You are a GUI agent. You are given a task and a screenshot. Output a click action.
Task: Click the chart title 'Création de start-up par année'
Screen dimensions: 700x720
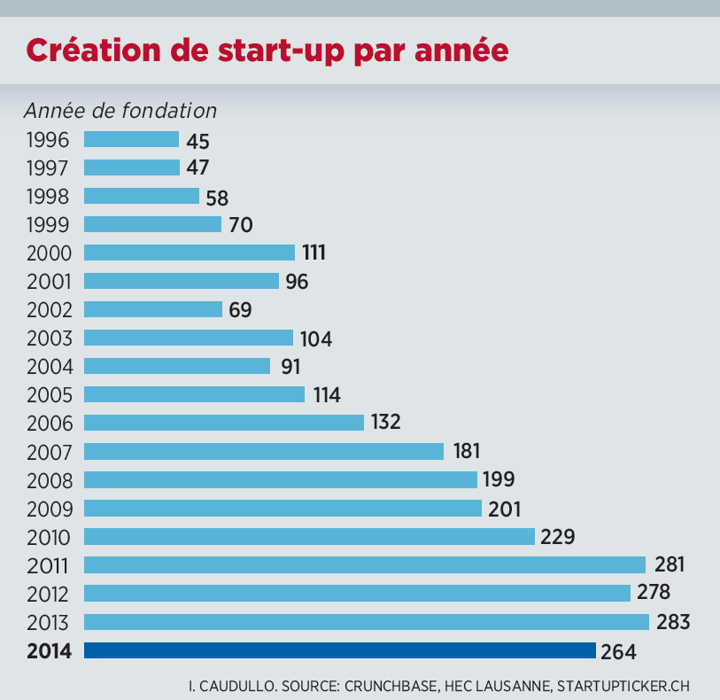tap(267, 50)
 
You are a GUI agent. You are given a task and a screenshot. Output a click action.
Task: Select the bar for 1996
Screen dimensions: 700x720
tap(131, 139)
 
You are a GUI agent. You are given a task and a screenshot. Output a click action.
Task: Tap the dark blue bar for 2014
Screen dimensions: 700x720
tap(339, 650)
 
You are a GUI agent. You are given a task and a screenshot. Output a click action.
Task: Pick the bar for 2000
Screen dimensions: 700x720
tap(189, 253)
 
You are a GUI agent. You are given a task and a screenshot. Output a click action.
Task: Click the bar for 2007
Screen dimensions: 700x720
tap(263, 451)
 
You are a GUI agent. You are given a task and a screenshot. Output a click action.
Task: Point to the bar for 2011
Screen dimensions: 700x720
tap(364, 564)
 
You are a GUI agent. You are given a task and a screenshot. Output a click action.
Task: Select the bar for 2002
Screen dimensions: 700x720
tap(152, 309)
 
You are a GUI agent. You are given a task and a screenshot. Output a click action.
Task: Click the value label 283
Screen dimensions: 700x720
tap(672, 621)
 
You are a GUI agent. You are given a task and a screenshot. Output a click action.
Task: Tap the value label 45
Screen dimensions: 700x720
tap(197, 140)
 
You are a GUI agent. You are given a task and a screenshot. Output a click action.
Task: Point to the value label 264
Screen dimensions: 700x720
tap(618, 651)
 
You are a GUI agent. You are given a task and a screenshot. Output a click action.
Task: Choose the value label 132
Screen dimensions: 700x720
tap(385, 423)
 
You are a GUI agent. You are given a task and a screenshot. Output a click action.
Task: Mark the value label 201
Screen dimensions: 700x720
tap(504, 509)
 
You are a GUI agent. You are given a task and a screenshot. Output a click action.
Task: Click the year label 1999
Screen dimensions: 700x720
tap(49, 224)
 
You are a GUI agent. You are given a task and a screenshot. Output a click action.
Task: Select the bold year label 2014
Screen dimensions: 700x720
tap(49, 651)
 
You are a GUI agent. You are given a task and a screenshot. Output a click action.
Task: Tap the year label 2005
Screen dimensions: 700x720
tap(49, 394)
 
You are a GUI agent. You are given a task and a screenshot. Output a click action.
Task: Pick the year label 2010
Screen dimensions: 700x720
tap(49, 536)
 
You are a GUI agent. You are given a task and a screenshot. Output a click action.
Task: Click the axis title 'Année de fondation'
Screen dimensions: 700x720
tap(120, 111)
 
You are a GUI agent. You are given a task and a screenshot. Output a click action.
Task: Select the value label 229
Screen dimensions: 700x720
tap(558, 537)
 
